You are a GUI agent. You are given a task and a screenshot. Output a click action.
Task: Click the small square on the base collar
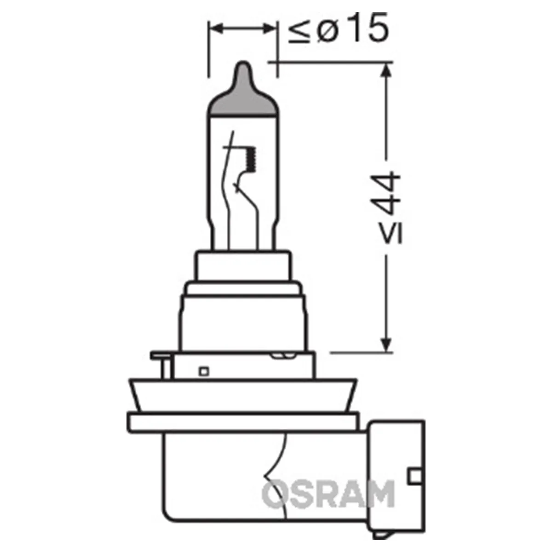pos(203,370)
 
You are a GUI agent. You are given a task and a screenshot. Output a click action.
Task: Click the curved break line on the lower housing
pos(276,465)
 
